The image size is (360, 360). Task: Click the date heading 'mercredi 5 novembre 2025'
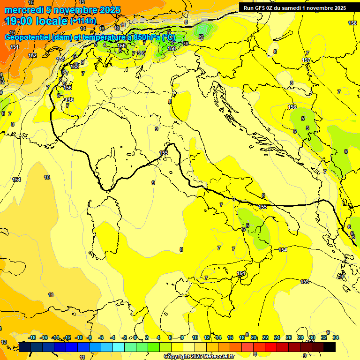point(62,10)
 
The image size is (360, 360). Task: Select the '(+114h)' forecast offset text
point(83,21)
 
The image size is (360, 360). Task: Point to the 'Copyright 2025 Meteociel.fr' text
point(199,356)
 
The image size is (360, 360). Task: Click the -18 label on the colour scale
point(32,337)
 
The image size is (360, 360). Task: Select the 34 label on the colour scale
point(335,337)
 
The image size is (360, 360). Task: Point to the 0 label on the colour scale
point(135,337)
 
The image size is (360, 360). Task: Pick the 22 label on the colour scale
point(265,337)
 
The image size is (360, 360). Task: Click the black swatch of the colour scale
point(329,347)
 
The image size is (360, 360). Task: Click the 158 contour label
point(352,23)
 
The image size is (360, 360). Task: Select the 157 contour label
point(306,60)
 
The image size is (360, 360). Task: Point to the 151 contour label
point(15,47)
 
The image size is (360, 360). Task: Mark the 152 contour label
point(32,55)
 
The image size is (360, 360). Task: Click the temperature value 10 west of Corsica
point(47,177)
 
